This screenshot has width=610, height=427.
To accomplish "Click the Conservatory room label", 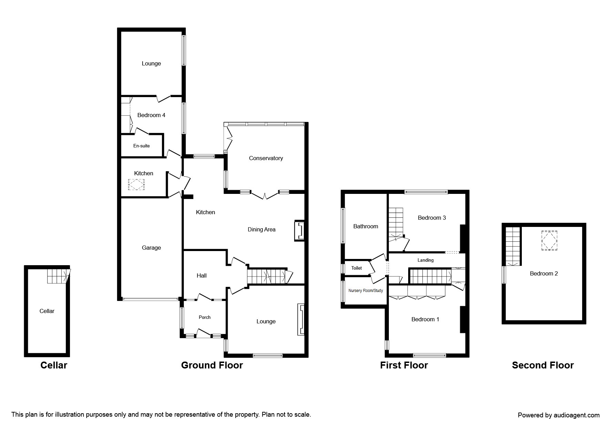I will pyautogui.click(x=266, y=158).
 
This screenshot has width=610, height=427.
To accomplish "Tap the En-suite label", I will pyautogui.click(x=141, y=146).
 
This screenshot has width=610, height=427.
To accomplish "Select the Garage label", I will pyautogui.click(x=151, y=248).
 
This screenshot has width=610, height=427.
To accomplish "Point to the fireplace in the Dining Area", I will pyautogui.click(x=300, y=230).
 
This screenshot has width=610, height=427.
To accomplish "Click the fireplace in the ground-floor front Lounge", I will pyautogui.click(x=301, y=320).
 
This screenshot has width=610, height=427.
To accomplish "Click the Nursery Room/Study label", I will pyautogui.click(x=365, y=291).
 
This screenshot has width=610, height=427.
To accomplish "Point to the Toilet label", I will pyautogui.click(x=356, y=268).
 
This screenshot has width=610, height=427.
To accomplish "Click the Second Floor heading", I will pyautogui.click(x=542, y=365).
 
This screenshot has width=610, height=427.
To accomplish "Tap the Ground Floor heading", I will pyautogui.click(x=212, y=365).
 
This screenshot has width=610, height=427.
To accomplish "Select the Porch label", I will pyautogui.click(x=204, y=317).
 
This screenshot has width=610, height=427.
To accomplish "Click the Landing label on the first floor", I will pyautogui.click(x=425, y=260).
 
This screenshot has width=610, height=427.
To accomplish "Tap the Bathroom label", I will pyautogui.click(x=365, y=226).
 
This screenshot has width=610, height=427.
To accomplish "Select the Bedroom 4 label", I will pyautogui.click(x=151, y=115).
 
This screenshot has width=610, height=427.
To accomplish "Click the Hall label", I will pyautogui.click(x=201, y=275).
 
